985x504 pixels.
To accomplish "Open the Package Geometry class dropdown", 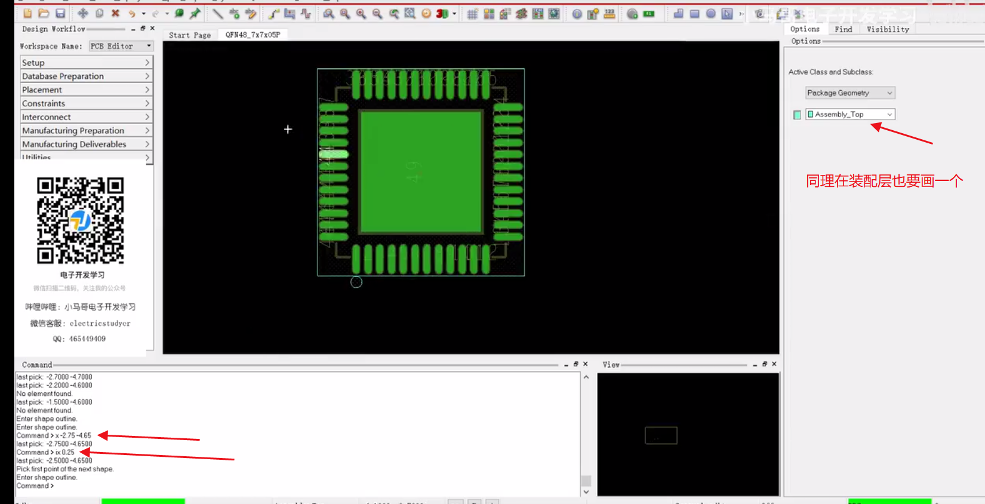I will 849,93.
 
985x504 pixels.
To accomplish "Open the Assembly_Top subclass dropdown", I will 849,114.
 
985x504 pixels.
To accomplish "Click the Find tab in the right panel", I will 843,29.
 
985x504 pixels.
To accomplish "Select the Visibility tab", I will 888,29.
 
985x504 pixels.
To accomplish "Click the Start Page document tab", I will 190,35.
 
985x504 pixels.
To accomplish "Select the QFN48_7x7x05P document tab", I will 253,35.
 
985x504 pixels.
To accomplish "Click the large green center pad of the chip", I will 421,171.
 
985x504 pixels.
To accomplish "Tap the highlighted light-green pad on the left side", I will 333,154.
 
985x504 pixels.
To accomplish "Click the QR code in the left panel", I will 81,220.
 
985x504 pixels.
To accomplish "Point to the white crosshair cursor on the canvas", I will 288,129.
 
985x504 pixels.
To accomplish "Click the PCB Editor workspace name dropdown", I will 121,46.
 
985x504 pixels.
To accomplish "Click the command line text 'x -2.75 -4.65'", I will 73,435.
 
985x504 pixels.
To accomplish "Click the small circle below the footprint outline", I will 356,282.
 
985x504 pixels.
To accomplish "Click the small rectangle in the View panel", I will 661,435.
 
